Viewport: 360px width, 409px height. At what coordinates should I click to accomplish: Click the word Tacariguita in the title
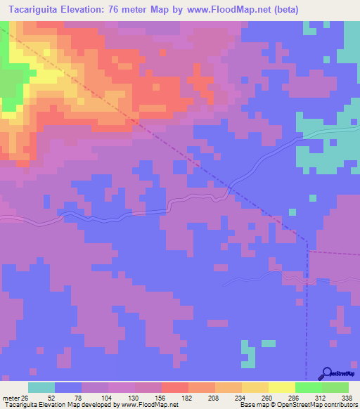click(34, 10)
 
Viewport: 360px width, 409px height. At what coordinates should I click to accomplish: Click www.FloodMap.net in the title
click(215, 10)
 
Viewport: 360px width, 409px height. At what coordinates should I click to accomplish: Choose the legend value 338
click(347, 397)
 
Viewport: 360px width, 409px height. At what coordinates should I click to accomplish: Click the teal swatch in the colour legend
click(41, 387)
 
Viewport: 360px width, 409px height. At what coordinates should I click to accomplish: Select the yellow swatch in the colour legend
click(281, 387)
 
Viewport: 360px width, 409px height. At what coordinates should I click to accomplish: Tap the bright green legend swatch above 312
click(308, 387)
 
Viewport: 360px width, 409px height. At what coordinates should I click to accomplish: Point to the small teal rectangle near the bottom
click(247, 355)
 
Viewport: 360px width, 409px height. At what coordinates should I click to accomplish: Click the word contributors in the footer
click(337, 405)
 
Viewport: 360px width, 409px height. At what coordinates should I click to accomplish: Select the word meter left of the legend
click(10, 397)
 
